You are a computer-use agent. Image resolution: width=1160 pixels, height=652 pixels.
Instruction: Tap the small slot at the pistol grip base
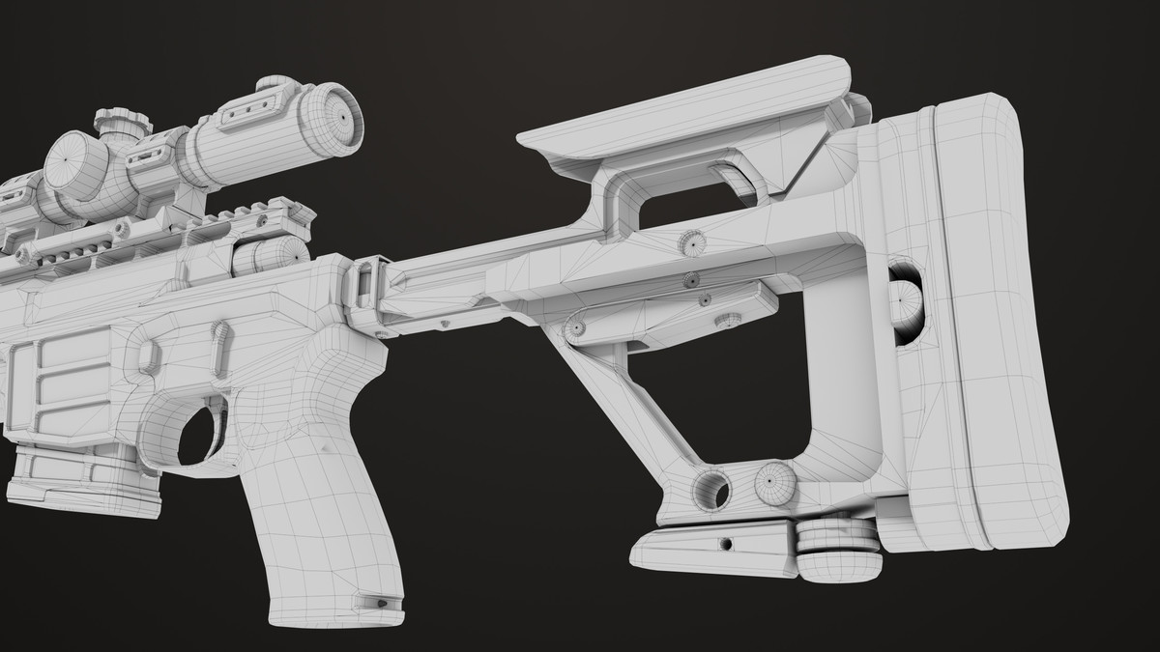tap(379, 603)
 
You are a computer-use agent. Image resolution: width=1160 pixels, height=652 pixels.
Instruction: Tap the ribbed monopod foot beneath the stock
tap(839, 553)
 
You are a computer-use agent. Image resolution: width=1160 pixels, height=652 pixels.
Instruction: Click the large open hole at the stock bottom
tap(712, 489)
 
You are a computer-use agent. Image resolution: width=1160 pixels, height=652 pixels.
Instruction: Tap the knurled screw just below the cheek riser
tap(691, 242)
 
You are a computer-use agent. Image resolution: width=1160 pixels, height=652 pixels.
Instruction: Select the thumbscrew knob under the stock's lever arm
tap(728, 320)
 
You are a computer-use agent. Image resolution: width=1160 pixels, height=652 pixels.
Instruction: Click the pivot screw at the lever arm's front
tap(577, 327)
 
